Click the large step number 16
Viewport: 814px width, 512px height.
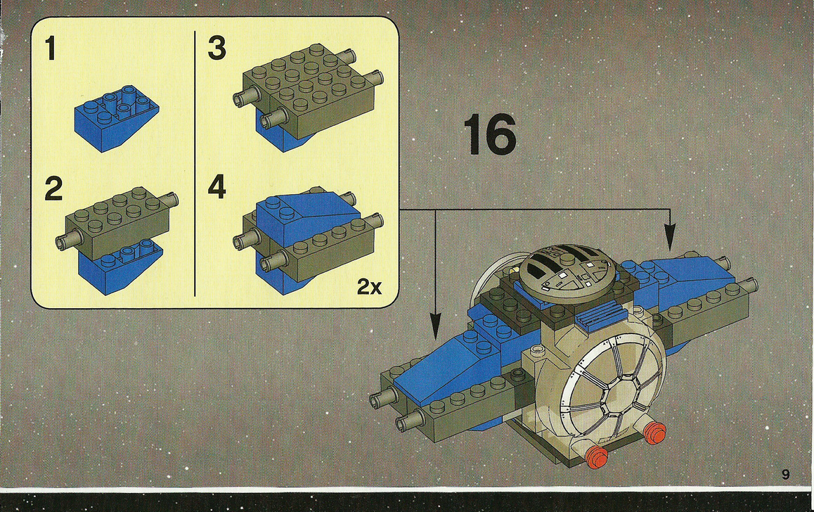(490, 137)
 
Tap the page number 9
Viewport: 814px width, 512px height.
(785, 474)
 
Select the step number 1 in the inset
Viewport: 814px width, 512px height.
(51, 49)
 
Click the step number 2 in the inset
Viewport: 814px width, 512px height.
(53, 189)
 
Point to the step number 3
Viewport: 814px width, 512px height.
(217, 49)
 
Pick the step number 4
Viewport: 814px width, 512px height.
(217, 188)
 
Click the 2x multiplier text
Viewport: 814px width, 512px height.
(368, 286)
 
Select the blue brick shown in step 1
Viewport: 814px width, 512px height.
(115, 115)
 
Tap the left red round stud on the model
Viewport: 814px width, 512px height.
(596, 455)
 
